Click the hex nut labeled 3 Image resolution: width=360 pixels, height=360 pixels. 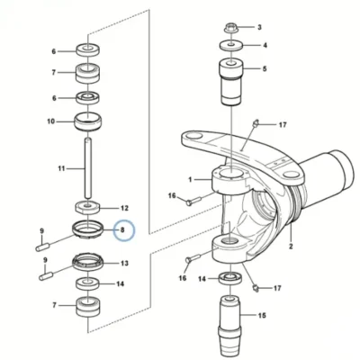click(230, 29)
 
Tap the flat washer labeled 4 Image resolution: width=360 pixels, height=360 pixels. click(230, 46)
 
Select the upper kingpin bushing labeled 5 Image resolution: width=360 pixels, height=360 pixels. click(231, 81)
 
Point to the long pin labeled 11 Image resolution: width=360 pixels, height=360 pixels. click(87, 167)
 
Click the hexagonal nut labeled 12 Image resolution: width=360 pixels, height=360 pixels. click(86, 207)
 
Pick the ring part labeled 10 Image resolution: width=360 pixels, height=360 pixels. click(87, 121)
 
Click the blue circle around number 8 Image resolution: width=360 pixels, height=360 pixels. click(124, 230)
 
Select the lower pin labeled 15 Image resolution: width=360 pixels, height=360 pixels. click(230, 325)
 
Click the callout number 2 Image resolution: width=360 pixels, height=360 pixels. click(291, 247)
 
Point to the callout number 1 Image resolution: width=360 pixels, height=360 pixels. click(190, 179)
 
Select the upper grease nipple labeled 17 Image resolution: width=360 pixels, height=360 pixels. click(256, 123)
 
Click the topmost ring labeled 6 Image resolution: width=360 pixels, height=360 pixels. click(88, 49)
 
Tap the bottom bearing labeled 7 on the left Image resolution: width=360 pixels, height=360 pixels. click(88, 306)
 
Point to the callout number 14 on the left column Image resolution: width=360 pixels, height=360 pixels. click(120, 283)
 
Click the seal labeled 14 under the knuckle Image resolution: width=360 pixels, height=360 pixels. click(230, 279)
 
